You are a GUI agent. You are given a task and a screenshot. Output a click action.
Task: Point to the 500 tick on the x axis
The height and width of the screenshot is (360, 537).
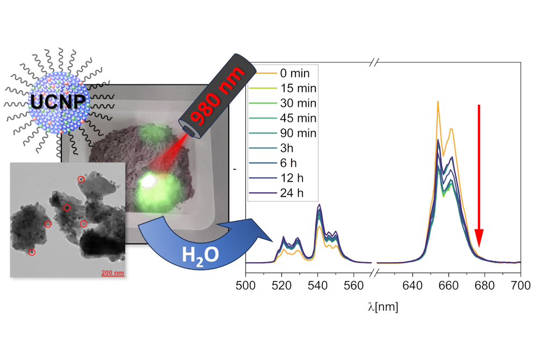pos(245,285)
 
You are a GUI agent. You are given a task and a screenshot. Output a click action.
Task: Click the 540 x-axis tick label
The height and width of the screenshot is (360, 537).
pos(317,285)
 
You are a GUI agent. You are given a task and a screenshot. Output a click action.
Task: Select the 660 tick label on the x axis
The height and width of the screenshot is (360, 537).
pos(448,285)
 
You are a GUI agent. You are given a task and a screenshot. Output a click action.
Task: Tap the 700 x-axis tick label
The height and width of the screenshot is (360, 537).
pos(520,285)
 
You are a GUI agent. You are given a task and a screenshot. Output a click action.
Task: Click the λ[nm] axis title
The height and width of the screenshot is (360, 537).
pos(383,307)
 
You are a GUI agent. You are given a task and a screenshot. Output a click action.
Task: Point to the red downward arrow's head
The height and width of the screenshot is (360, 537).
pos(479,238)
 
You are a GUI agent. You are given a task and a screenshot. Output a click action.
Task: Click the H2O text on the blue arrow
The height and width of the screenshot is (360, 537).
pos(200,255)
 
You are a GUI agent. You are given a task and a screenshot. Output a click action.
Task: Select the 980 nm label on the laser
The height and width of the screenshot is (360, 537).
pos(217,96)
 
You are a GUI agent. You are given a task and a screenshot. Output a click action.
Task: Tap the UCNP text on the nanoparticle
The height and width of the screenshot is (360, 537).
pos(58,102)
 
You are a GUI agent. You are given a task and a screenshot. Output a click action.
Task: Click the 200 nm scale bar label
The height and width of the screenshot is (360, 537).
pos(113,273)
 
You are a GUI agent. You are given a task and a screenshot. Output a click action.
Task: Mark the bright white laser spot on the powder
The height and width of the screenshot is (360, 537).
pos(149,181)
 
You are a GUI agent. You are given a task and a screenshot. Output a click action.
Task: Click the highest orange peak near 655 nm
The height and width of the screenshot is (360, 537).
pos(438,102)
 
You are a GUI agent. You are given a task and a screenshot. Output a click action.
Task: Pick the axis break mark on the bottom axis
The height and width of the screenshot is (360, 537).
pos(374,272)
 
